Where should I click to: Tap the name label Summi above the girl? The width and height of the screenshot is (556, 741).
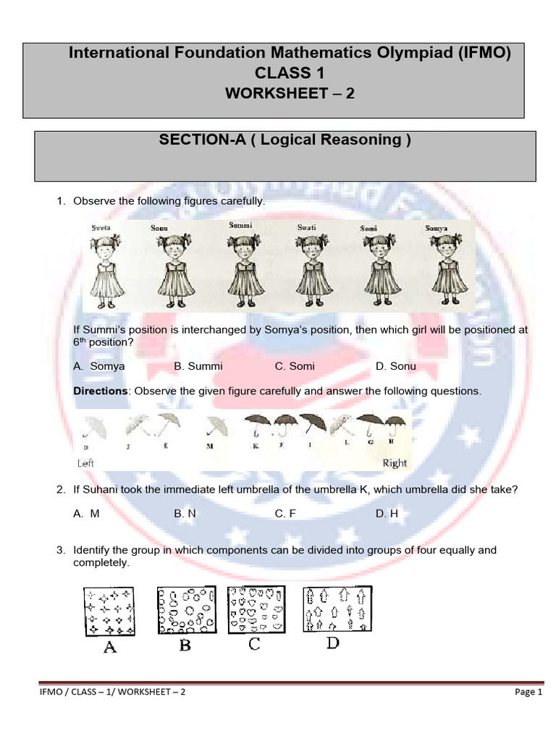240,226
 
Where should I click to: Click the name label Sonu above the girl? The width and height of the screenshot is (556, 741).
159,228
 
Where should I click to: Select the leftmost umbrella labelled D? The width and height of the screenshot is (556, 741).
92,428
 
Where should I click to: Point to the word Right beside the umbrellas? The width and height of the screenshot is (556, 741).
395,463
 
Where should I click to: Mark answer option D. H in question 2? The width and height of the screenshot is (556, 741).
387,513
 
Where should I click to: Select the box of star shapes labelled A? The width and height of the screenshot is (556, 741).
109,611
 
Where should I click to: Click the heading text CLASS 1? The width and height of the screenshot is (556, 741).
290,73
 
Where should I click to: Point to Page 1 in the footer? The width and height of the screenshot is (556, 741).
528,692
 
